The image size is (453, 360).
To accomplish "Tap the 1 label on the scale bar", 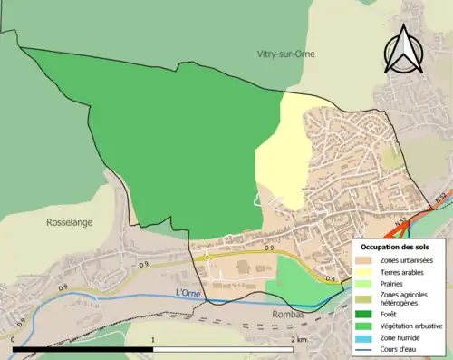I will pos(153,339).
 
